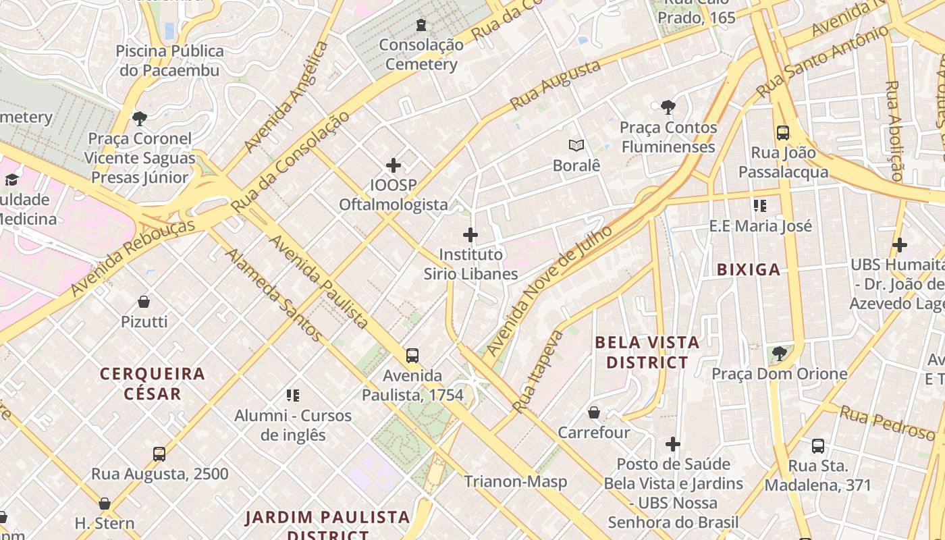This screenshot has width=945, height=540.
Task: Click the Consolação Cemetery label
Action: pyautogui.click(x=421, y=55)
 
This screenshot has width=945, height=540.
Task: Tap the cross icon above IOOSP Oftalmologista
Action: pyautogui.click(x=394, y=165)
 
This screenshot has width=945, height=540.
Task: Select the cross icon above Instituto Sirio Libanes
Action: pyautogui.click(x=470, y=235)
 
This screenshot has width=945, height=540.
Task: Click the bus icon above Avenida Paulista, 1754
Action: pyautogui.click(x=412, y=356)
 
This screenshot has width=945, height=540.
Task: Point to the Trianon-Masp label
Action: pyautogui.click(x=516, y=482)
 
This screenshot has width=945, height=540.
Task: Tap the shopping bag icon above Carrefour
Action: pyautogui.click(x=594, y=412)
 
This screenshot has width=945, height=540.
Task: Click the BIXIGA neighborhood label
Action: pyautogui.click(x=749, y=270)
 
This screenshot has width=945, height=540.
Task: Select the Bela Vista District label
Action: pyautogui.click(x=647, y=352)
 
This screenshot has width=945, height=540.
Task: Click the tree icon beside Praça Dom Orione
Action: pyautogui.click(x=780, y=353)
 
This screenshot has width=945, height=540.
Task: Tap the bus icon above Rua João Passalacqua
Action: pyautogui.click(x=783, y=133)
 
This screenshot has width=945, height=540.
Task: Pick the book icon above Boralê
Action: pyautogui.click(x=576, y=145)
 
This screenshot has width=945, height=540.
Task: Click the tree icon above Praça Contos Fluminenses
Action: pyautogui.click(x=668, y=107)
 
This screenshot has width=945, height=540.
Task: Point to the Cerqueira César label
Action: pyautogui.click(x=153, y=383)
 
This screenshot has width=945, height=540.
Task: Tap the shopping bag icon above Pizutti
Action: pyautogui.click(x=144, y=302)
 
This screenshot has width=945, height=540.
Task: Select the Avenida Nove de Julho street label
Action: pyautogui.click(x=549, y=291)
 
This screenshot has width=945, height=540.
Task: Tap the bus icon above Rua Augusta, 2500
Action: pyautogui.click(x=159, y=454)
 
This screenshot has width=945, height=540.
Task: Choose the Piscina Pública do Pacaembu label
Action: pyautogui.click(x=169, y=61)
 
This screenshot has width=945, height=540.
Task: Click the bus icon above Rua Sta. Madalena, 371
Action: pyautogui.click(x=818, y=446)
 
